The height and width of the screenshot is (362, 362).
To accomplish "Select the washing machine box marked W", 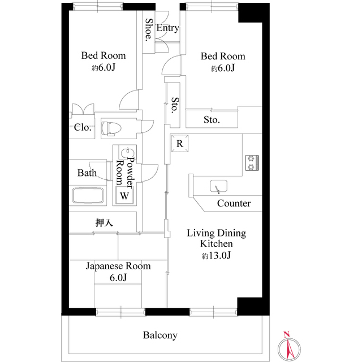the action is [x=124, y=195].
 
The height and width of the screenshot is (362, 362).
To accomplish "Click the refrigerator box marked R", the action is [x=180, y=143].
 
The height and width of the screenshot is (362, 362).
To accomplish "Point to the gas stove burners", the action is [x=252, y=163].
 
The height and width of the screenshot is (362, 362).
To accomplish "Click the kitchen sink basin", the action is [x=218, y=186].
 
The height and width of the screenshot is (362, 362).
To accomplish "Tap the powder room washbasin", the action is [x=128, y=152].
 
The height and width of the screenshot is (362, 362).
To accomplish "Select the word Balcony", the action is [x=160, y=335].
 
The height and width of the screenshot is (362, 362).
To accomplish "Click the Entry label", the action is [x=167, y=28].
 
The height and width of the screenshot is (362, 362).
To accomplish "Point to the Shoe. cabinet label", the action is [x=149, y=30].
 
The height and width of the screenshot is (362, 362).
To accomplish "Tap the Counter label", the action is [x=234, y=203].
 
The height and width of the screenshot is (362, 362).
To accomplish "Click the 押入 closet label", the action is [x=104, y=222].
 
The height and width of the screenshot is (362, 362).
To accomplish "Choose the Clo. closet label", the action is [x=83, y=127].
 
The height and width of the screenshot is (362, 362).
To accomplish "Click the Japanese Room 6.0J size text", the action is [x=118, y=277].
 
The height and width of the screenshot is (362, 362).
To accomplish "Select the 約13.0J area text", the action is [x=216, y=255].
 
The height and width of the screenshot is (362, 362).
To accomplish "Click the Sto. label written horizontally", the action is [x=212, y=120].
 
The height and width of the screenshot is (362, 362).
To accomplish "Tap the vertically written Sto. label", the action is [x=175, y=105].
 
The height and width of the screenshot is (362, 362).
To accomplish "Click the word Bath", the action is [x=87, y=173].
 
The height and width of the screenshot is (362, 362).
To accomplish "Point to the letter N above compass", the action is [x=287, y=334].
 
